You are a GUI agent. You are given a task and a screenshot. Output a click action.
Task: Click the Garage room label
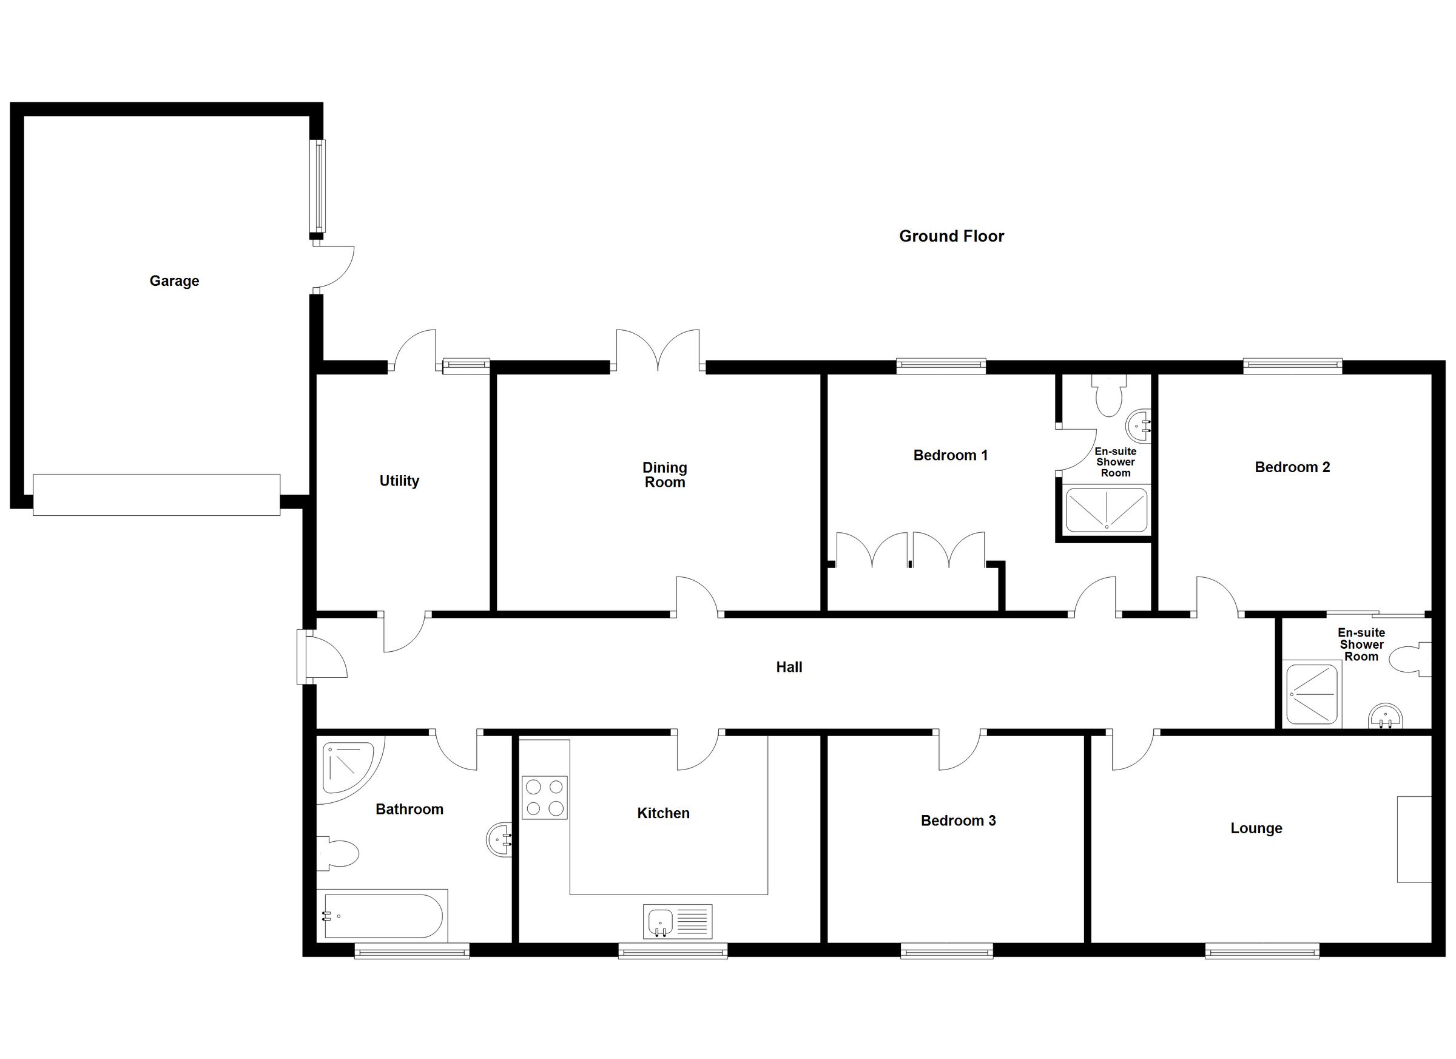point(174,280)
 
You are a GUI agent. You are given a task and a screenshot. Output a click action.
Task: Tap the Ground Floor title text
point(951,236)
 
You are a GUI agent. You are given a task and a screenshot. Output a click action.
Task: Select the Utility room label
point(399,481)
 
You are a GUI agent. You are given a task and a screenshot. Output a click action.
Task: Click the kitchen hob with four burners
point(544,797)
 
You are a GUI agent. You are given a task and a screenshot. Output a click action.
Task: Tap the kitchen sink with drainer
point(677,922)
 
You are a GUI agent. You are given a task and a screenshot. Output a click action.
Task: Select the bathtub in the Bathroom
point(383,916)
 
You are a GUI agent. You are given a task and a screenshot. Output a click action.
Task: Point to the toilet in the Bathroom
point(339,853)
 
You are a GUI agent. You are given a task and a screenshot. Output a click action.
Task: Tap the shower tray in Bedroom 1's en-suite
point(1106,510)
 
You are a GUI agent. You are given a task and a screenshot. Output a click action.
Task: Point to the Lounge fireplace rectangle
point(1414,839)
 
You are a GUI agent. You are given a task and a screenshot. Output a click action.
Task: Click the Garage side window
point(318,186)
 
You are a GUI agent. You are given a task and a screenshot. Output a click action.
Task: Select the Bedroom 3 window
point(946,950)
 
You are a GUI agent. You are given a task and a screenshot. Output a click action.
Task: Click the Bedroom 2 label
point(1292,467)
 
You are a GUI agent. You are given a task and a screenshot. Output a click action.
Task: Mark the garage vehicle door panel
point(157,495)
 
